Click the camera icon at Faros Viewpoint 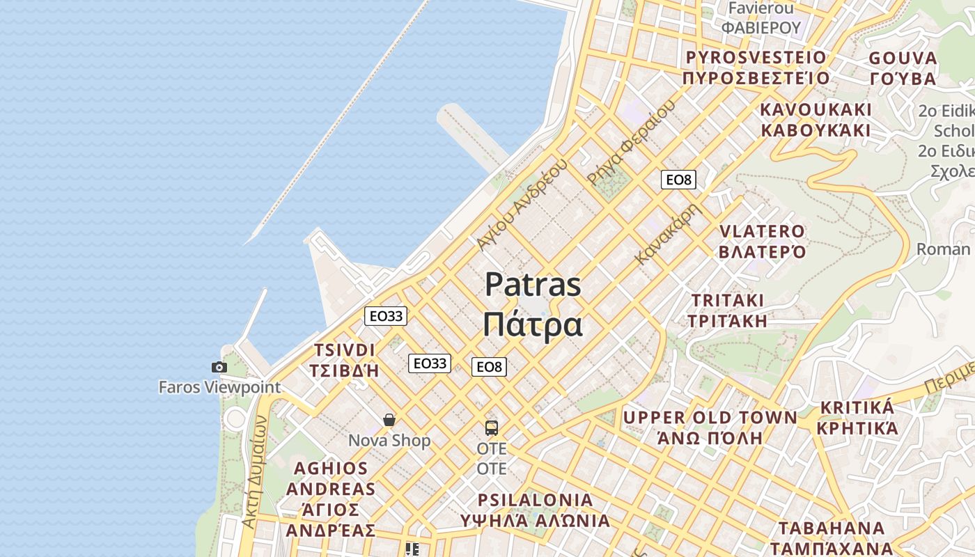click(x=219, y=367)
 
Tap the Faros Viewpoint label click(x=219, y=387)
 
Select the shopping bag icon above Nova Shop click(x=389, y=420)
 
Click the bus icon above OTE click(x=492, y=427)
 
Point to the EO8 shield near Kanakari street click(x=678, y=180)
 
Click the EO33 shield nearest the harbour click(x=386, y=316)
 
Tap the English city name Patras click(x=533, y=285)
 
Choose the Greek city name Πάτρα click(x=533, y=324)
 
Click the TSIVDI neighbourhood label click(x=345, y=350)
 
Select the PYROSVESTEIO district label click(x=756, y=57)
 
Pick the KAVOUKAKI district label click(x=816, y=110)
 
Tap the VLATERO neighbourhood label click(x=762, y=231)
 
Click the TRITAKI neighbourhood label click(x=728, y=301)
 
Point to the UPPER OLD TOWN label click(x=710, y=418)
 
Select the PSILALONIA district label click(x=535, y=500)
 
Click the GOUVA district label click(x=903, y=58)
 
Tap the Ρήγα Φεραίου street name click(x=631, y=142)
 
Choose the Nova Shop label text click(x=389, y=441)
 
